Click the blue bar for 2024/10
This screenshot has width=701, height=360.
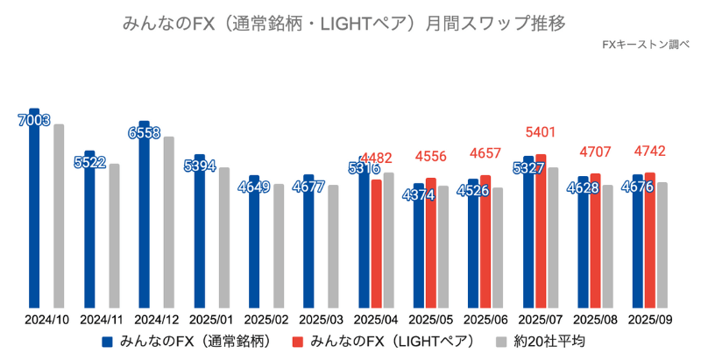click(x=34, y=219)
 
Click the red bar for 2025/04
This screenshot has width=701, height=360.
click(x=376, y=244)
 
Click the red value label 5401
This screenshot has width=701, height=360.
click(x=541, y=132)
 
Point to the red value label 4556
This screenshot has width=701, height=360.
click(x=430, y=157)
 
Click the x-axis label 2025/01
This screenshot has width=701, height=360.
click(x=211, y=321)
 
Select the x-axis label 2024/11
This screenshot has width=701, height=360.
click(x=101, y=321)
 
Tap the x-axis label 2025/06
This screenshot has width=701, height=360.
click(x=485, y=321)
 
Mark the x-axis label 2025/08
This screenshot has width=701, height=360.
click(x=595, y=321)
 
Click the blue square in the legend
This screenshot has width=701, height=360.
click(x=108, y=342)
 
